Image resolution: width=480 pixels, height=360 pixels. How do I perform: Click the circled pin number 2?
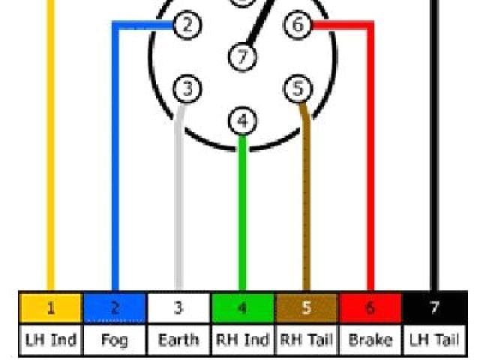[x=187, y=25]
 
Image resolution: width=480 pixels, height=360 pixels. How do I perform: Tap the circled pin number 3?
[x=187, y=89]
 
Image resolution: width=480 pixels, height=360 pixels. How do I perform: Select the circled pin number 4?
[x=241, y=121]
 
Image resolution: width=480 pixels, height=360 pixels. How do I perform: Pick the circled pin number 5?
[x=298, y=89]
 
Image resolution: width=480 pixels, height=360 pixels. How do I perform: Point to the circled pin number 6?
[x=298, y=25]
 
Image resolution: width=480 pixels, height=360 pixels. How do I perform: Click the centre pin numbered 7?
[x=241, y=56]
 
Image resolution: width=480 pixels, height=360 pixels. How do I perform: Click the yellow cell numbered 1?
[x=50, y=308]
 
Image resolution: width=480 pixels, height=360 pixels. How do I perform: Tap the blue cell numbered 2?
[x=115, y=308]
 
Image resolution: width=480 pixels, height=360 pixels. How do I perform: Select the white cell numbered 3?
[x=178, y=308]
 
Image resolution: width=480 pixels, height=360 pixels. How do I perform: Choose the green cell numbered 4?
[x=242, y=308]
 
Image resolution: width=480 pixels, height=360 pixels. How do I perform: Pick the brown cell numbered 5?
[x=306, y=308]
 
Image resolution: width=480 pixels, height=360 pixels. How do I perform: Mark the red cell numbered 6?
[x=370, y=308]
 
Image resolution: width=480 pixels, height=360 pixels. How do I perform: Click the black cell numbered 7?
[x=434, y=308]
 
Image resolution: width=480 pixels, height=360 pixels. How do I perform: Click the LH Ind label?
[x=50, y=340]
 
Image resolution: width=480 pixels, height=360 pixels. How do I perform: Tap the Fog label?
[x=115, y=340]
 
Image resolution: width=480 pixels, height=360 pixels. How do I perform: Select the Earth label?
[x=178, y=340]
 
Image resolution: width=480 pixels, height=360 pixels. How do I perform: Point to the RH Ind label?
[x=242, y=340]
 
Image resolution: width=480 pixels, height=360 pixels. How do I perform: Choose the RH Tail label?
[x=306, y=340]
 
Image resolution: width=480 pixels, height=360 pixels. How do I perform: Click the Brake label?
[x=370, y=340]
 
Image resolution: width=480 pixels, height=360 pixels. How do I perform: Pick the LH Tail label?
[x=434, y=340]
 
